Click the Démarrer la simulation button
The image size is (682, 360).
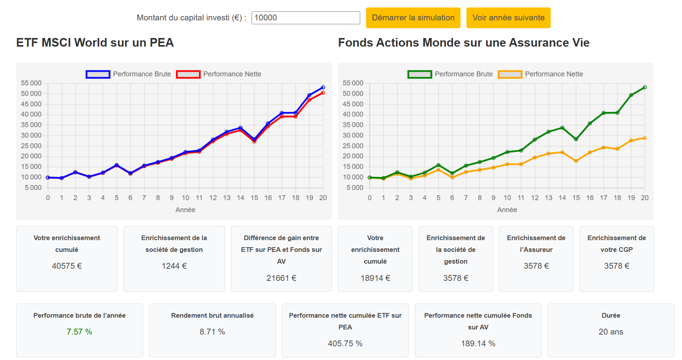tap(413, 18)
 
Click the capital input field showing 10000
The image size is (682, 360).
tap(305, 18)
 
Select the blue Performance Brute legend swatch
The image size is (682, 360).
tap(98, 74)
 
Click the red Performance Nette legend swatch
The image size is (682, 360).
tap(188, 74)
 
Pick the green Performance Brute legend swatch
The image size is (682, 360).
tap(420, 74)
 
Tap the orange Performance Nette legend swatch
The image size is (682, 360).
tap(510, 74)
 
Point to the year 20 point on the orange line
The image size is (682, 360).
tap(645, 138)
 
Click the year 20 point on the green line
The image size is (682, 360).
tap(645, 87)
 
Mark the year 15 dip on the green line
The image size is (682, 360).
tap(576, 139)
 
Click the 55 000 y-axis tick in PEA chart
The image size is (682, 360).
tap(31, 83)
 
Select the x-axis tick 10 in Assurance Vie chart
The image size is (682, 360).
tap(507, 198)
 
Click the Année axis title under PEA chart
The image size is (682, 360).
tap(185, 210)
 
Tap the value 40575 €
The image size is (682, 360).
tap(67, 266)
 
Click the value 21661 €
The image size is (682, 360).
tap(281, 278)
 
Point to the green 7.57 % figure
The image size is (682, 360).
tap(79, 332)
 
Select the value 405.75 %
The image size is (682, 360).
tap(345, 344)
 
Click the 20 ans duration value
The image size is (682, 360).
tap(611, 332)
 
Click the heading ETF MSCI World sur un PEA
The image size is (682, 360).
tap(95, 43)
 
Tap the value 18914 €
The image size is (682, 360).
tap(375, 278)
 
